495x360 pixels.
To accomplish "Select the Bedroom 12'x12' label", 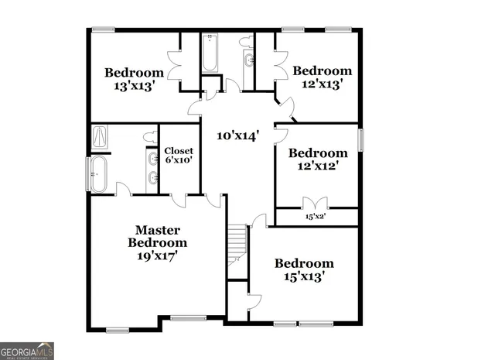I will coord(318,159).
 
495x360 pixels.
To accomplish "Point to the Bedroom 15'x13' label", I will coord(304,269).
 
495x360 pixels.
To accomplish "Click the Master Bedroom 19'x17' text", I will coord(158,242).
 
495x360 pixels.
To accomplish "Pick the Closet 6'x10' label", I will coord(178,155).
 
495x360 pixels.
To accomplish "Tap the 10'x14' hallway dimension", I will coord(237,135).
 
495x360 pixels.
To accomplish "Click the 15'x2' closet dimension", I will coord(316,218).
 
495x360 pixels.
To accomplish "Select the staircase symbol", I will coord(237,242).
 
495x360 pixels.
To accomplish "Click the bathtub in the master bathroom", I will coord(98,174).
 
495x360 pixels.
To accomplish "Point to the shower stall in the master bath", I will coord(101,137).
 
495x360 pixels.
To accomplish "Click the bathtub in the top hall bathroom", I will coord(210,53).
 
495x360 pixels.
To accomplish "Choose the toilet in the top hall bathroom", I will coord(246,41).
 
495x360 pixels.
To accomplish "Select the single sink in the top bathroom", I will coord(249,60).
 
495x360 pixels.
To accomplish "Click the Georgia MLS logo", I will coord(27,351).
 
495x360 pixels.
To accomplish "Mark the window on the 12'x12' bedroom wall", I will coord(360,142).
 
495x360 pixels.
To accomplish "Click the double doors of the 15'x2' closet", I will coord(316,204).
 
